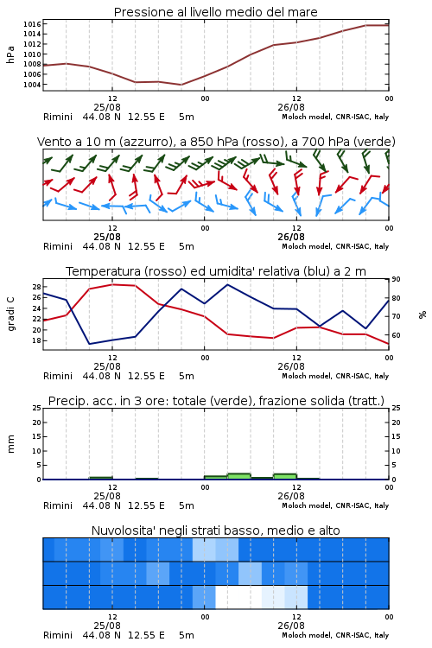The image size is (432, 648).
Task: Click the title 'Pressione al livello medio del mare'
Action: tap(215, 12)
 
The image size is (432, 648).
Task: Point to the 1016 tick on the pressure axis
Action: tap(32, 24)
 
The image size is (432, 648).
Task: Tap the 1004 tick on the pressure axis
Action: tap(32, 85)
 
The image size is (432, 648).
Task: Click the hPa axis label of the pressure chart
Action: tap(10, 54)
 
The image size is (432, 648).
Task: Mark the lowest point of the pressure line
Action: tap(181, 85)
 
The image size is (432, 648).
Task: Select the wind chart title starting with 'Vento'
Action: tap(216, 142)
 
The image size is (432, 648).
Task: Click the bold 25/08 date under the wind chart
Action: tap(107, 237)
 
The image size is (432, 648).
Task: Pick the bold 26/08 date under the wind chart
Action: tap(291, 237)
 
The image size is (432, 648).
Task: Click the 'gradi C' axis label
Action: tap(11, 314)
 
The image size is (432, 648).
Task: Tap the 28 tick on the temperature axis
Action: tap(36, 287)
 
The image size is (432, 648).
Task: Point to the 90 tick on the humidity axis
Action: tap(396, 279)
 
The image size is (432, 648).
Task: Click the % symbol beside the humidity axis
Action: tap(422, 314)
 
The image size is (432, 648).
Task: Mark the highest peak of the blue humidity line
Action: tap(227, 284)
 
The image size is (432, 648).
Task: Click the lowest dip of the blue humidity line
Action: tap(89, 344)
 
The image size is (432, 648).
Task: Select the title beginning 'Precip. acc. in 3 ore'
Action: tap(216, 401)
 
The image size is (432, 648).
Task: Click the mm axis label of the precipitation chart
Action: tap(10, 444)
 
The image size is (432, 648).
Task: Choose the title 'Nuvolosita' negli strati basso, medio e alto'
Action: tap(215, 530)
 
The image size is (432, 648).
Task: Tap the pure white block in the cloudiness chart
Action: tap(238, 597)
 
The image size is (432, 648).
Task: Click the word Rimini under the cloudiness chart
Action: tap(58, 635)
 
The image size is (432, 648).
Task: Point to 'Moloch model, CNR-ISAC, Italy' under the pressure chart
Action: tap(335, 117)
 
